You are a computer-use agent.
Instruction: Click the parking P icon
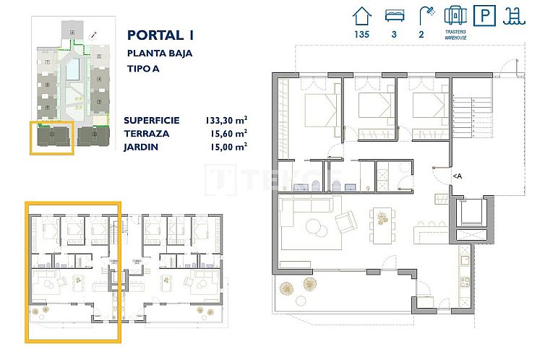tap(484, 15)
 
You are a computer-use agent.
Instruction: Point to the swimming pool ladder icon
tap(515, 15)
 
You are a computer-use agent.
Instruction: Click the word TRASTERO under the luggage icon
tap(453, 33)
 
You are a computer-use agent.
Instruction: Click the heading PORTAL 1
tap(160, 35)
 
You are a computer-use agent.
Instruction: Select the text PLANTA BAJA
tap(160, 53)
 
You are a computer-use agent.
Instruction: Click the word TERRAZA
tap(147, 133)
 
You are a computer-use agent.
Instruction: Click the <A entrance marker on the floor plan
tap(457, 175)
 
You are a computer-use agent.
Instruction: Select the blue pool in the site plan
tap(73, 70)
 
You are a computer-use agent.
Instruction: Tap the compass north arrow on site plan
tap(93, 35)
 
